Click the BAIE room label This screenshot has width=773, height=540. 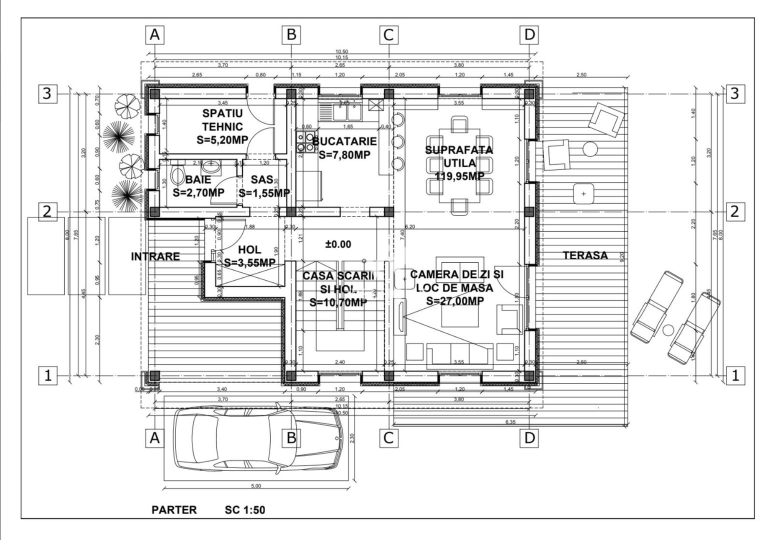click(198, 179)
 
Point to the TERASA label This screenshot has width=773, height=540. click(585, 255)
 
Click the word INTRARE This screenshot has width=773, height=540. click(155, 256)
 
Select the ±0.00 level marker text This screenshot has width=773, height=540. click(338, 244)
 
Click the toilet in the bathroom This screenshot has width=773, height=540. click(177, 176)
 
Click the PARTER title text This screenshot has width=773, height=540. click(174, 510)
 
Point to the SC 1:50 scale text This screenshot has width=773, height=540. click(244, 510)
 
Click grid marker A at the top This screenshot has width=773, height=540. click(155, 35)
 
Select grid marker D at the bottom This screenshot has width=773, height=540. click(529, 438)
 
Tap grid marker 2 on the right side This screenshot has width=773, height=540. click(734, 211)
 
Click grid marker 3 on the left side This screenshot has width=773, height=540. click(46, 93)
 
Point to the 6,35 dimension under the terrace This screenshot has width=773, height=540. click(510, 422)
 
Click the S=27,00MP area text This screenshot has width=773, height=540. click(454, 300)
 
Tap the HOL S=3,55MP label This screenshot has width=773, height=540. click(249, 256)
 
